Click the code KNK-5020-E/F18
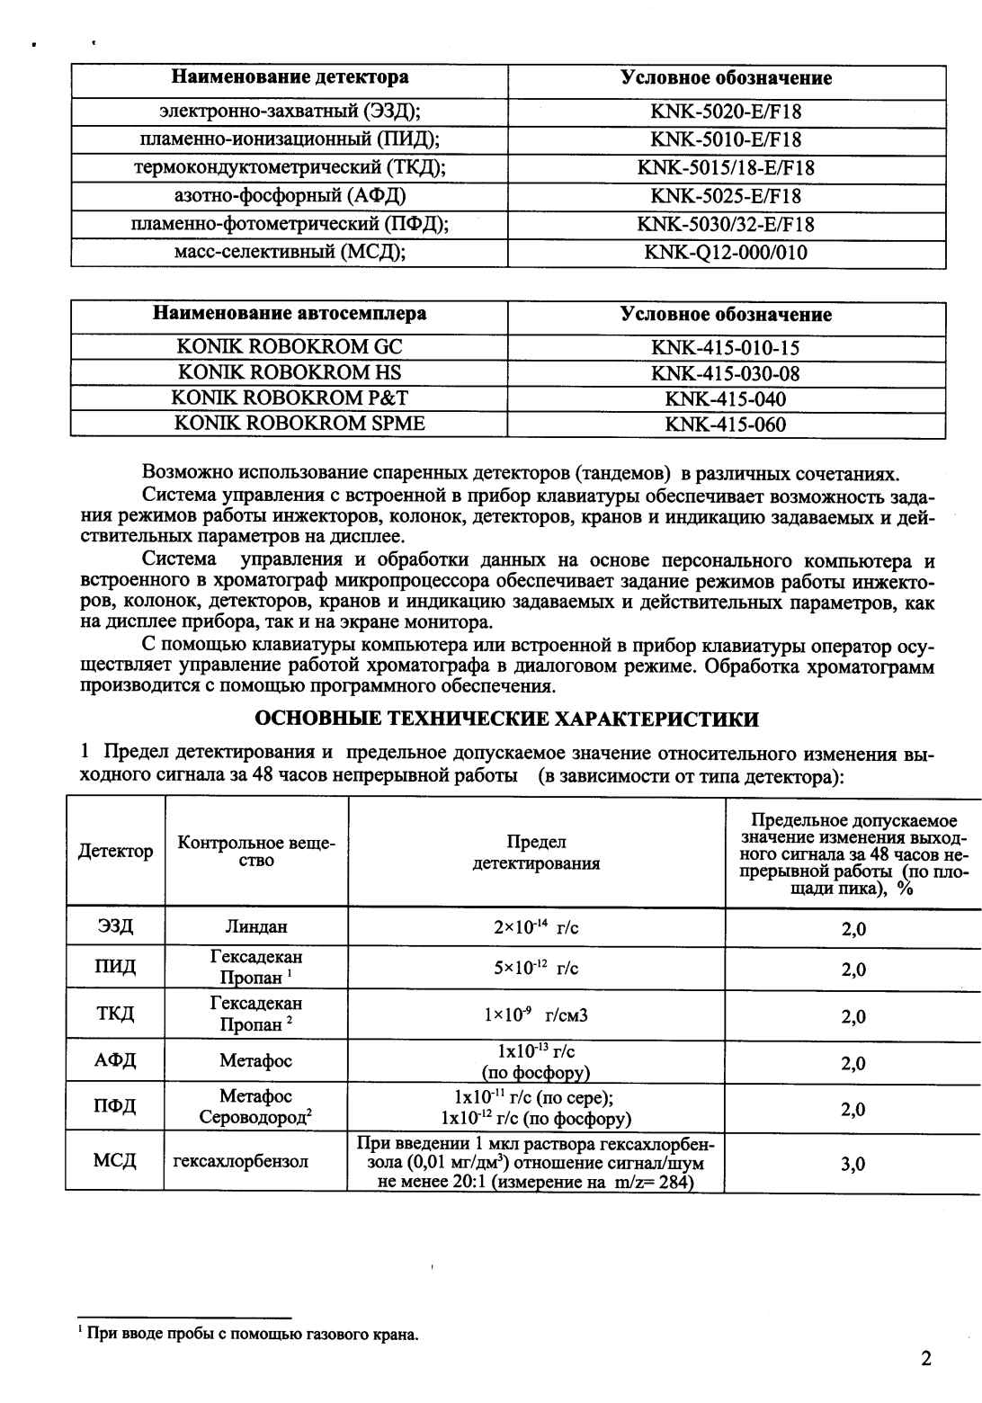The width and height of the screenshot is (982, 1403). [x=726, y=112]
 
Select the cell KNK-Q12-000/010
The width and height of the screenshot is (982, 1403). [x=726, y=253]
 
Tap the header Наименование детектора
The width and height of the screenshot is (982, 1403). [x=290, y=78]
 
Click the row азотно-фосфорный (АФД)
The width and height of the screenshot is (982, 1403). [x=290, y=196]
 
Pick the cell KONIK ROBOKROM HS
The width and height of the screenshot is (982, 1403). [x=290, y=372]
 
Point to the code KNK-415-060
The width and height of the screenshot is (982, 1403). [x=726, y=424]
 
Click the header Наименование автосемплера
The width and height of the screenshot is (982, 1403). [x=290, y=314]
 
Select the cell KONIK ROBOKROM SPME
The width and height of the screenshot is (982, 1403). [x=290, y=424]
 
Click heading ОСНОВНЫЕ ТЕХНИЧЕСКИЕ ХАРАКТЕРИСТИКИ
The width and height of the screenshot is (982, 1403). [x=507, y=719]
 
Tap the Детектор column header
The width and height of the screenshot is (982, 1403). [x=115, y=851]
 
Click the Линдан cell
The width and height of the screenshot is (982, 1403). [x=256, y=926]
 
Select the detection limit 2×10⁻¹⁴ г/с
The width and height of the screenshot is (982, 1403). [x=536, y=926]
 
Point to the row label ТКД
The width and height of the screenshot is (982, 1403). [x=115, y=1014]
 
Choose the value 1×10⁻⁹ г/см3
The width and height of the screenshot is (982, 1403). [x=536, y=1015]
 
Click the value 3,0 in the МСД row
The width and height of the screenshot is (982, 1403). [x=853, y=1164]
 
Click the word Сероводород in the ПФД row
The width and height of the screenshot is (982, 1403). [x=254, y=1118]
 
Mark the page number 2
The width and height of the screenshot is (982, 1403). [x=925, y=1358]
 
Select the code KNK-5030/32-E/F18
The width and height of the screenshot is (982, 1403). [x=726, y=224]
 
